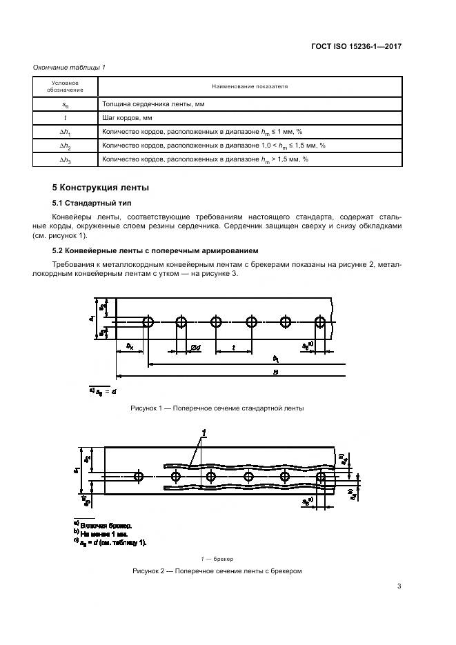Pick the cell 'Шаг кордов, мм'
[x=127, y=117]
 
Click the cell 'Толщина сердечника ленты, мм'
[x=153, y=103]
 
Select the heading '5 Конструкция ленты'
[x=101, y=188]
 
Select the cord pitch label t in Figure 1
[x=234, y=348]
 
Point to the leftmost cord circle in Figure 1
[x=148, y=322]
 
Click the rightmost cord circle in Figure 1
[x=320, y=322]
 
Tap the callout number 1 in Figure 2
[x=204, y=433]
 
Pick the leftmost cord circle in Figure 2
[x=139, y=476]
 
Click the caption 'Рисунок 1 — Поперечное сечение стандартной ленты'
[x=217, y=408]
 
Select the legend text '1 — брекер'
[x=217, y=558]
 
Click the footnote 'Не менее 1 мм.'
[x=106, y=533]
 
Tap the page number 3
[x=399, y=587]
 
